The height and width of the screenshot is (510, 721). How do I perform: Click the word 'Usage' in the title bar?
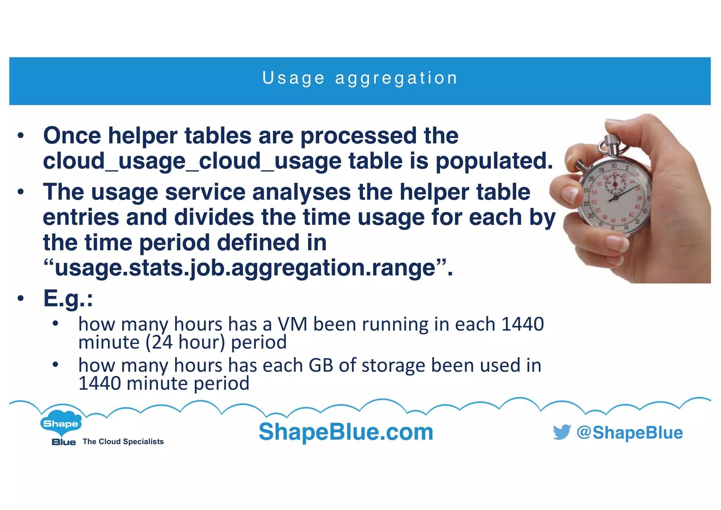click(294, 78)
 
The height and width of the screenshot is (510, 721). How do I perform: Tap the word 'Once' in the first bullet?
click(72, 136)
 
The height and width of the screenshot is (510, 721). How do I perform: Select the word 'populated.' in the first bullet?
click(494, 161)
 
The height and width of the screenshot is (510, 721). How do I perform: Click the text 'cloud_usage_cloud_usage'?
click(192, 161)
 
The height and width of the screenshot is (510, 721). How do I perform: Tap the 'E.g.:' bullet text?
click(68, 298)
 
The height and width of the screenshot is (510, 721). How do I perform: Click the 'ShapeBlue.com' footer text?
click(346, 432)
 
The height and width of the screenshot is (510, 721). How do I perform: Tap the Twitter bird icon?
click(562, 432)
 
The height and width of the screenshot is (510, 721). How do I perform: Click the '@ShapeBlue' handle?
click(629, 433)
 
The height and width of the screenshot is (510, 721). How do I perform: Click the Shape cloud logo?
click(61, 422)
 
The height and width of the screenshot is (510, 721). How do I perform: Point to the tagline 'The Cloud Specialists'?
click(123, 442)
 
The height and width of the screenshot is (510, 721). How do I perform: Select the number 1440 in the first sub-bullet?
click(522, 324)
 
